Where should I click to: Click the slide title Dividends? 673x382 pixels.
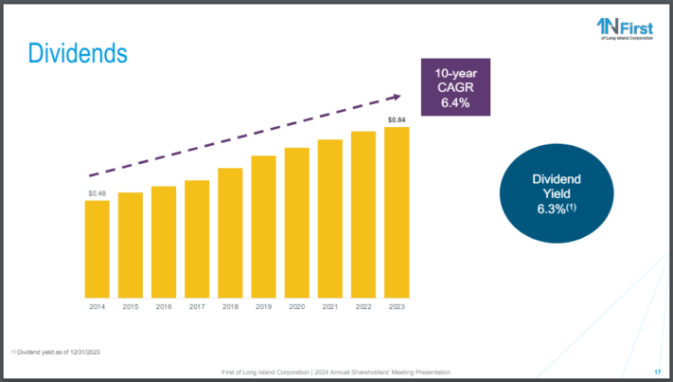[x=78, y=53]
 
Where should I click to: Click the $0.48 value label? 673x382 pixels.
[x=97, y=193]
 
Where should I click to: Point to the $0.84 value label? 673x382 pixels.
[x=397, y=120]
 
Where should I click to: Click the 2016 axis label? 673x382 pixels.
[x=164, y=306]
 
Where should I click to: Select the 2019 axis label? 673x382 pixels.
[x=263, y=306]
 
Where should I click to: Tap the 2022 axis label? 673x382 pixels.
[x=363, y=306]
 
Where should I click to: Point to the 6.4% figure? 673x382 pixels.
[x=455, y=102]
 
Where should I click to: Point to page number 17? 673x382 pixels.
[x=657, y=370]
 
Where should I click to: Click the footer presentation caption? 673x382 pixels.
[x=336, y=370]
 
